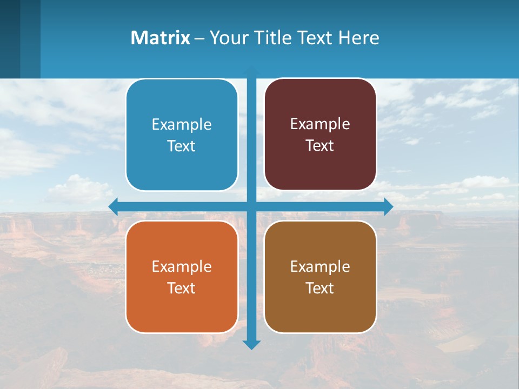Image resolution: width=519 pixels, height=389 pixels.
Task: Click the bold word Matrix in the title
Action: coord(160,38)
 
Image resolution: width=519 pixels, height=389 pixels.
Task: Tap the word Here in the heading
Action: coord(358,38)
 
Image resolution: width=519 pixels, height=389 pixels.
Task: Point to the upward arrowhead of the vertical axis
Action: coord(251,71)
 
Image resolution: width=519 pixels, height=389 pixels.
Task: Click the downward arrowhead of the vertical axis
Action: coord(251,344)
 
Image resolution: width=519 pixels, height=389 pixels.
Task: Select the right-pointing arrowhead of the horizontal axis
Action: coord(388,206)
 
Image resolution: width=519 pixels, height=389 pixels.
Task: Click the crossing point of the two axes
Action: coord(251,206)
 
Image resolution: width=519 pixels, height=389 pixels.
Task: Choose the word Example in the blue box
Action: coord(182,124)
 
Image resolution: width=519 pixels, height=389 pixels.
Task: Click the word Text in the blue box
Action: coord(182,146)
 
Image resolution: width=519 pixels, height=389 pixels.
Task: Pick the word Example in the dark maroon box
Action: coord(320,124)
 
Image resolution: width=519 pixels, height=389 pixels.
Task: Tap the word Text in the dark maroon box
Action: coord(320,146)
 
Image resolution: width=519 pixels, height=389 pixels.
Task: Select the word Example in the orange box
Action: coord(182,266)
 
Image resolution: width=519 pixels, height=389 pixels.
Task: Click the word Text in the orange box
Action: coord(182,289)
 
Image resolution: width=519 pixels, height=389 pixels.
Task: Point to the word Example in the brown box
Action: coord(320,266)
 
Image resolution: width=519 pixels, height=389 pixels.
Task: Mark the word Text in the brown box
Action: coord(320,289)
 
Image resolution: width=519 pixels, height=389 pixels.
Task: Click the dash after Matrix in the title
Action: coord(199,38)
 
